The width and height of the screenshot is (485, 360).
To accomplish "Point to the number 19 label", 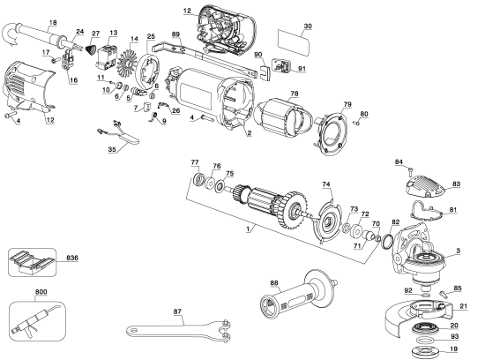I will [465, 349].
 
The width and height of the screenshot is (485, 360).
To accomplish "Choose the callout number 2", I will [250, 133].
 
